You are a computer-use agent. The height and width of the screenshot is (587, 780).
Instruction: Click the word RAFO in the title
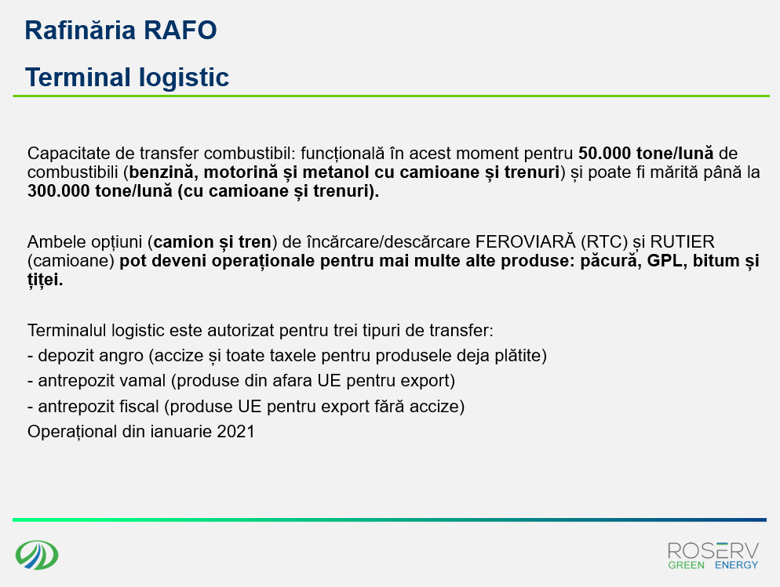pyautogui.click(x=180, y=31)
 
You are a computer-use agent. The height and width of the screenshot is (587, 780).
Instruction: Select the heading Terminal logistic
pyautogui.click(x=127, y=78)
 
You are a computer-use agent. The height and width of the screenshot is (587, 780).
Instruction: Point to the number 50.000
pyautogui.click(x=604, y=153)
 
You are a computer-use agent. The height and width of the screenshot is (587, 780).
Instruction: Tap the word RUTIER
pyautogui.click(x=683, y=242)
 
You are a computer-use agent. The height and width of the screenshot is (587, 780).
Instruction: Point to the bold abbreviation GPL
pyautogui.click(x=665, y=260)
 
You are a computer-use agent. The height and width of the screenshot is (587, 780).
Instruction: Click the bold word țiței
pyautogui.click(x=45, y=280)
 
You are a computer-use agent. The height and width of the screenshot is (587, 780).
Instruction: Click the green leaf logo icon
pyautogui.click(x=37, y=555)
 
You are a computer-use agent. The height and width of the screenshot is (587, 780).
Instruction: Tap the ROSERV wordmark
pyautogui.click(x=713, y=551)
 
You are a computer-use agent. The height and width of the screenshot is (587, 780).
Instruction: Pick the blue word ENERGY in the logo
pyautogui.click(x=736, y=565)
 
